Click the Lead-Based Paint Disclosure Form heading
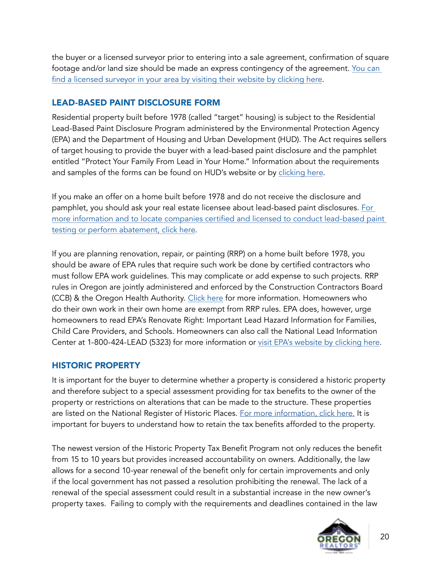point(136,103)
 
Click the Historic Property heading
point(96,365)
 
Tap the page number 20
point(384,536)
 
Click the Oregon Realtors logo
point(339,536)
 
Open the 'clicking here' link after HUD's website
point(301,173)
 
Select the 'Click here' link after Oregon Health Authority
point(205,298)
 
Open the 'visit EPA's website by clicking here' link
point(319,342)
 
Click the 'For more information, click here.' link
point(297,413)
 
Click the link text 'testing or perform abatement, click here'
point(123,230)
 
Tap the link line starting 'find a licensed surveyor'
point(187,79)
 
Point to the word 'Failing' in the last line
point(122,504)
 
